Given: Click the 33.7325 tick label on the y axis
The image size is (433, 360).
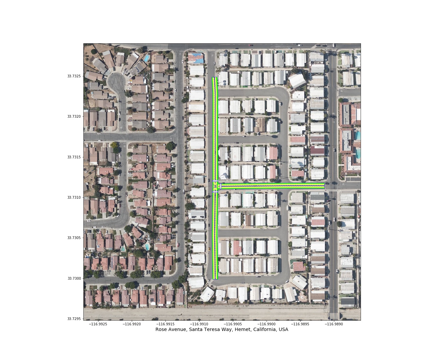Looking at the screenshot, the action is click(74, 76).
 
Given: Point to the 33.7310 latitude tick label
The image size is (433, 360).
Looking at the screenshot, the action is click(74, 197).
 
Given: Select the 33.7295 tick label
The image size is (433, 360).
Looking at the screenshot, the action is click(74, 319).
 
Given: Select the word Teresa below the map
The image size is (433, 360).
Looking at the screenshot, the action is click(209, 330).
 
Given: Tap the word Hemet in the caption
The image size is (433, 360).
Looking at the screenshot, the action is click(238, 330).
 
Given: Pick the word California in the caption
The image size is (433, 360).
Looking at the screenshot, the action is click(257, 330).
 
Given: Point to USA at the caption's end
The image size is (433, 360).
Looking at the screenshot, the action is click(284, 330).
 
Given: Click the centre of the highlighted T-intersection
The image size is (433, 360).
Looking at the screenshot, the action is click(215, 186).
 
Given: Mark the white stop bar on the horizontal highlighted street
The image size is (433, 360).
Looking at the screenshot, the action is click(221, 186).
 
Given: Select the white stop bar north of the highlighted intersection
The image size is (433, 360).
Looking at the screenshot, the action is click(215, 181).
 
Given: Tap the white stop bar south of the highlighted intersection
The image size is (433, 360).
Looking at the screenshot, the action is click(215, 192).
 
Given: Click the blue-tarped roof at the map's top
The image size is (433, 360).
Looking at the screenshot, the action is click(196, 58).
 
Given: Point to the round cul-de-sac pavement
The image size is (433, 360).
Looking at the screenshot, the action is click(116, 82).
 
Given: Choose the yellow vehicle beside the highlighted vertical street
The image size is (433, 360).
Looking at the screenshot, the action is click(209, 248).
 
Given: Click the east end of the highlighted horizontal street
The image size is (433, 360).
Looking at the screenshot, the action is click(324, 186).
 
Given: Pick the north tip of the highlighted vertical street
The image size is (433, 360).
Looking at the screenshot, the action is click(214, 77).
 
